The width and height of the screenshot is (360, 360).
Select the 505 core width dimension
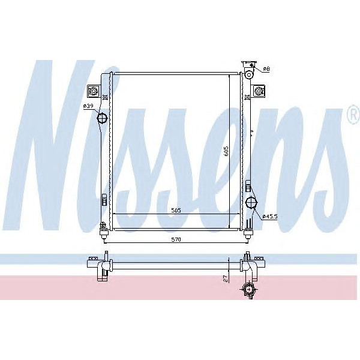coord(175,210)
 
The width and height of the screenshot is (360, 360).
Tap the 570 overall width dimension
coord(175,239)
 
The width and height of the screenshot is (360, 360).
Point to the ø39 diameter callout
coord(88,106)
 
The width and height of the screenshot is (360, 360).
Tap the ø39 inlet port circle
coord(103,118)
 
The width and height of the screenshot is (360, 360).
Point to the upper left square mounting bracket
coord(94,91)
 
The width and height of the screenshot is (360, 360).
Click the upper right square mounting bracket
coord(259,91)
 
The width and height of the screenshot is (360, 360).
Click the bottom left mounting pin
coord(103,227)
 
